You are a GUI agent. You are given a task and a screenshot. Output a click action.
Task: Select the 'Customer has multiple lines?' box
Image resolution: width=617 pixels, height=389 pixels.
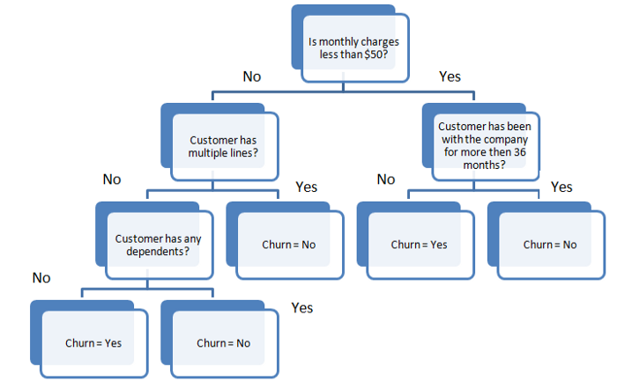click(221, 146)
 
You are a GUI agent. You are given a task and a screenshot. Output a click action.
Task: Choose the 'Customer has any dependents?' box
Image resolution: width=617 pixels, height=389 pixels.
click(157, 245)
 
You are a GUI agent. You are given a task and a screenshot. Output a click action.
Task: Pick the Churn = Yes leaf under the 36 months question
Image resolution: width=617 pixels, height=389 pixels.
click(419, 244)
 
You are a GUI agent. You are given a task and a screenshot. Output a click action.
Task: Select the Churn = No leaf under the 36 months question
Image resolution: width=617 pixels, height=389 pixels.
click(550, 244)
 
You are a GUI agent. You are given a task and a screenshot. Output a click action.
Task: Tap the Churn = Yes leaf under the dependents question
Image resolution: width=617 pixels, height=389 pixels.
click(93, 342)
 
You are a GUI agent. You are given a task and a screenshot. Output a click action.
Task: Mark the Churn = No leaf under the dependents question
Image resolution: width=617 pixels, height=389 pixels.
click(223, 342)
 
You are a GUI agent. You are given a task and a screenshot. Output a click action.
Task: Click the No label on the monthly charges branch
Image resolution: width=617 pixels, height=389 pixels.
click(252, 77)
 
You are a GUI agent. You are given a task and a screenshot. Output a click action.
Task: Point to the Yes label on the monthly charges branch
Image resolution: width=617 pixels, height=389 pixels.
click(450, 77)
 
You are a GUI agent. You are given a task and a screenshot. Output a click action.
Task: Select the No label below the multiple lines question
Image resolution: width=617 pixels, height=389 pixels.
click(112, 180)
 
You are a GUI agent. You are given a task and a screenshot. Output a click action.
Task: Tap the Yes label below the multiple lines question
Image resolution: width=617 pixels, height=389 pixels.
click(306, 187)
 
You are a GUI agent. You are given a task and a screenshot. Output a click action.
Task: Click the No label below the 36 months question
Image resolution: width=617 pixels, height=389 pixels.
click(386, 180)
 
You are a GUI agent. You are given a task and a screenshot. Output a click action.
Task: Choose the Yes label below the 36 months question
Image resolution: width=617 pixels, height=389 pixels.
click(561, 187)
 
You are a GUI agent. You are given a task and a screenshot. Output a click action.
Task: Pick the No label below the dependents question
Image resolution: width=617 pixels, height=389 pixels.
click(41, 278)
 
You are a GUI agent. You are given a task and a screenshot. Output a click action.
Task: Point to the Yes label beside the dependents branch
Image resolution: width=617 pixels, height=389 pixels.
click(302, 308)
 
